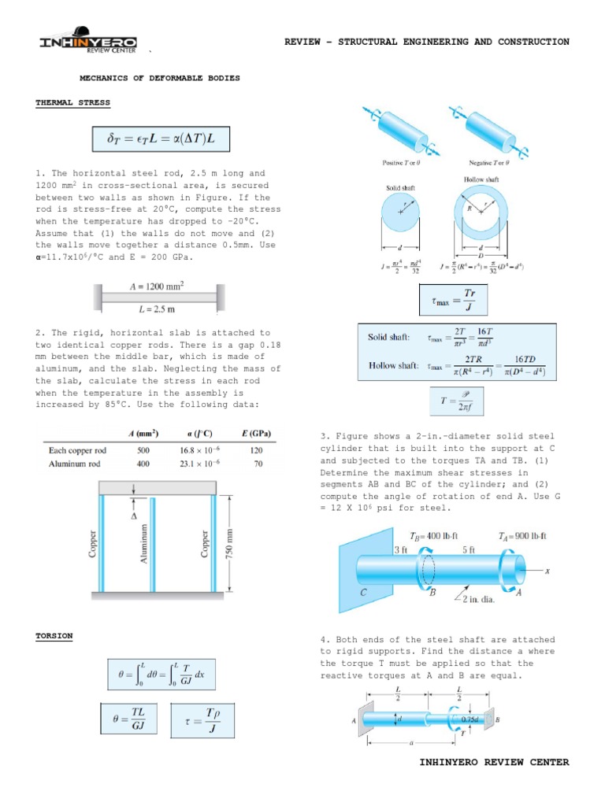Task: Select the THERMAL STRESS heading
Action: (72, 103)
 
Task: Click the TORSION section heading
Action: (54, 636)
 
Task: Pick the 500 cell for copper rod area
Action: (143, 451)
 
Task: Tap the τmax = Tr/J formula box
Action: (454, 298)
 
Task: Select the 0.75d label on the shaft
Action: (471, 719)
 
